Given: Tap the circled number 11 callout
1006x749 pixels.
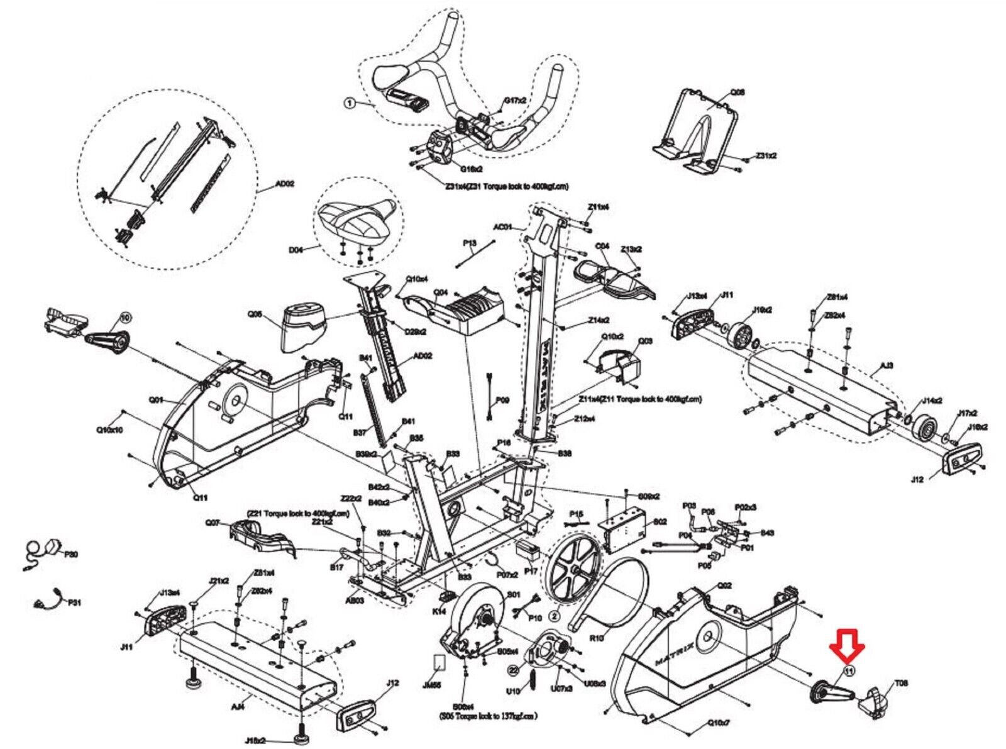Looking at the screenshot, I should coord(849,671).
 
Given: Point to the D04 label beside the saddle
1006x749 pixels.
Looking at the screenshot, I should coord(296,250).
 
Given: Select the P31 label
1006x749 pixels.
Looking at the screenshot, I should coord(75,602).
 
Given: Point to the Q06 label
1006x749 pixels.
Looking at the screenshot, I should coord(738,92).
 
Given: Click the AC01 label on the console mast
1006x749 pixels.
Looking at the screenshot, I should coord(502,227).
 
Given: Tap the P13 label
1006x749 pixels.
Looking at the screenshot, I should coord(470,243).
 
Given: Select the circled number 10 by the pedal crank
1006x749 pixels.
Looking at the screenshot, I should coord(124,318).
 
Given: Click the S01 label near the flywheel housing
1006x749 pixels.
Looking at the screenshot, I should coord(514,594).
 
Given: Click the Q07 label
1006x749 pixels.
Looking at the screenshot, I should coord(213,523).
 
